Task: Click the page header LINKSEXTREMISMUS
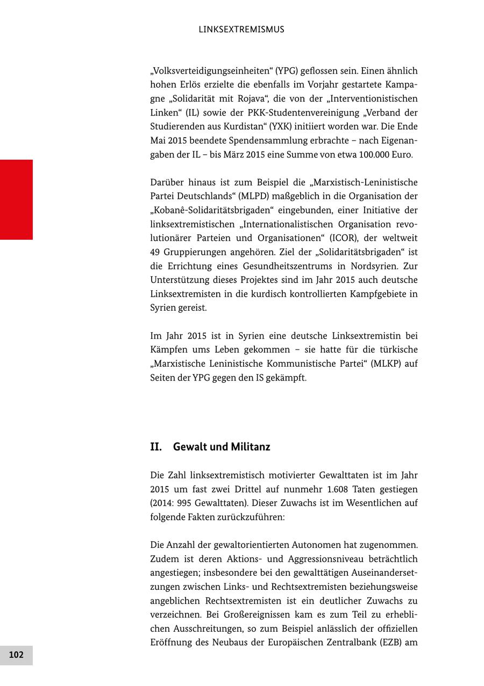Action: coord(241,30)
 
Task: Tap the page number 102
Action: coord(16,655)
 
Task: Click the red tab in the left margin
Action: coord(16,199)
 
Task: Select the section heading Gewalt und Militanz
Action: coord(222,447)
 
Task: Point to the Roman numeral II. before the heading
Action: coord(156,447)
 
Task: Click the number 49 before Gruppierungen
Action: coord(155,252)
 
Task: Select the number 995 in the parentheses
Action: coord(191,504)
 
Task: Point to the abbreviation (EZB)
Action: coord(390,643)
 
